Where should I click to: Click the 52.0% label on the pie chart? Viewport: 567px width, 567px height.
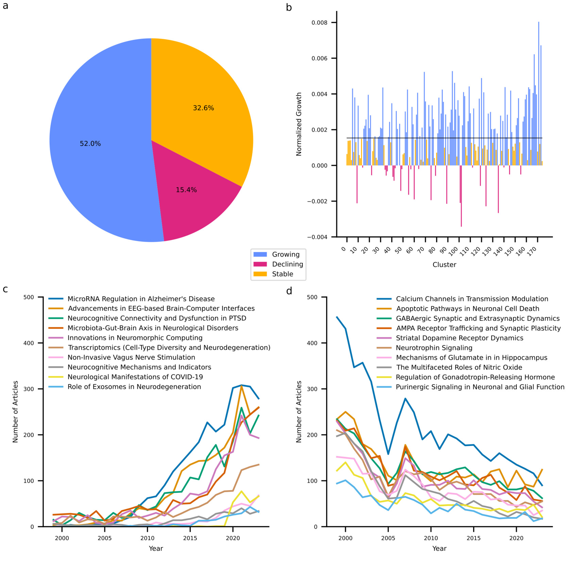click(90, 144)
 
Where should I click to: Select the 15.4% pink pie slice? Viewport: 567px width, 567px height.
click(190, 201)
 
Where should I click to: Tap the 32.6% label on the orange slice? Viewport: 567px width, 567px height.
click(203, 108)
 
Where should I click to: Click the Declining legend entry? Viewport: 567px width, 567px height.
click(287, 264)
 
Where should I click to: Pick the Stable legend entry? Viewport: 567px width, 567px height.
click(282, 274)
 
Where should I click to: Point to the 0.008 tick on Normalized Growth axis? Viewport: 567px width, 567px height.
click(319, 23)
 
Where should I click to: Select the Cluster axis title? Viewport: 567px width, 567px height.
click(444, 265)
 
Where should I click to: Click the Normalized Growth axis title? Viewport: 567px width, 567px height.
click(299, 124)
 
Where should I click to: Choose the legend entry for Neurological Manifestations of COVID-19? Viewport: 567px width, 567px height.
click(135, 377)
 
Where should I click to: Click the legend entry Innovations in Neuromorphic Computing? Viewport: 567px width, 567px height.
click(135, 338)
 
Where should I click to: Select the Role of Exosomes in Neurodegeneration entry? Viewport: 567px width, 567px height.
click(134, 387)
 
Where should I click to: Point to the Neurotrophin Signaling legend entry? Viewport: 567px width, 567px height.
click(434, 348)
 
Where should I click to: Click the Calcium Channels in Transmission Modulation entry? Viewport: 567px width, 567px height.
click(472, 299)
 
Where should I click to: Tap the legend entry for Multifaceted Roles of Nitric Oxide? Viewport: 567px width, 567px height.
click(459, 367)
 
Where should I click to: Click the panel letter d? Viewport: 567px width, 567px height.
click(289, 291)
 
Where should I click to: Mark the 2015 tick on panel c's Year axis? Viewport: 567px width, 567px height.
click(190, 538)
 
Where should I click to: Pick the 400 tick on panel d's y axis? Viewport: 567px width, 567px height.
click(312, 343)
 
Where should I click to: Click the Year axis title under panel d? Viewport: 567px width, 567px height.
click(439, 548)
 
